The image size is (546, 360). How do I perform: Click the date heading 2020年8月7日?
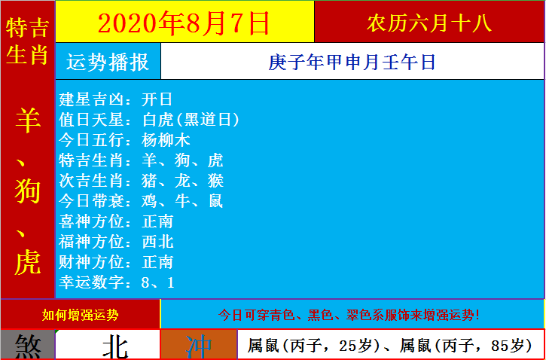pyautogui.click(x=184, y=23)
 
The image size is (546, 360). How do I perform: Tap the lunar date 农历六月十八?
pyautogui.click(x=429, y=23)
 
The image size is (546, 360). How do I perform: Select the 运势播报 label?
pyautogui.click(x=108, y=63)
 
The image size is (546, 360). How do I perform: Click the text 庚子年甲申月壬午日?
pyautogui.click(x=352, y=63)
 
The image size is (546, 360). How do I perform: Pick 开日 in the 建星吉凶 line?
pyautogui.click(x=157, y=100)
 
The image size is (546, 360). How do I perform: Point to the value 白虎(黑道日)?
pyautogui.click(x=191, y=120)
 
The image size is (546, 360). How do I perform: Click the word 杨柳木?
pyautogui.click(x=166, y=140)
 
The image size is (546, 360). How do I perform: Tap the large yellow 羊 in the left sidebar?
pyautogui.click(x=28, y=120)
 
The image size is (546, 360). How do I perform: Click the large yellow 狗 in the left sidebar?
pyautogui.click(x=28, y=193)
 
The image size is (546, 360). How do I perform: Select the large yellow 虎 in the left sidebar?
pyautogui.click(x=28, y=262)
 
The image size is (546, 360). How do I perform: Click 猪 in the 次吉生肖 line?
pyautogui.click(x=149, y=181)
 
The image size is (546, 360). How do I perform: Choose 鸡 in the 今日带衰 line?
pyautogui.click(x=149, y=201)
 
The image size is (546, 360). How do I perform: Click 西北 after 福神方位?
pyautogui.click(x=157, y=242)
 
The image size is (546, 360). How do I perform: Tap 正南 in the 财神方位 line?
pyautogui.click(x=157, y=262)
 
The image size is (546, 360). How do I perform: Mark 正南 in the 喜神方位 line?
pyautogui.click(x=157, y=221)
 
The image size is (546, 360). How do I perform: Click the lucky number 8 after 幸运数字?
pyautogui.click(x=145, y=282)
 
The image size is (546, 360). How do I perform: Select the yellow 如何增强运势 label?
pyautogui.click(x=80, y=315)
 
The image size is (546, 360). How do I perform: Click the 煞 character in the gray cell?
pyautogui.click(x=28, y=346)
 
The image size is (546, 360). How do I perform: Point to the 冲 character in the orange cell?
pyautogui.click(x=199, y=346)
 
